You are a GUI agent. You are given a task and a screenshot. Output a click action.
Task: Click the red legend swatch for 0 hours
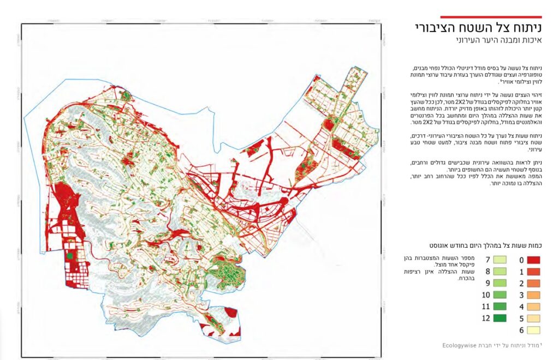533,260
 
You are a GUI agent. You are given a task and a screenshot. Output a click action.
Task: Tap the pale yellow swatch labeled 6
533,329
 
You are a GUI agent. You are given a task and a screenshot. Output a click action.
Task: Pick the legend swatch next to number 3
533,295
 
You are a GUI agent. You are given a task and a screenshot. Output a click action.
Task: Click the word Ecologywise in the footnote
460,345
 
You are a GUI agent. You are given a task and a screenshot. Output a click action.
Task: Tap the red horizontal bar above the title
491,17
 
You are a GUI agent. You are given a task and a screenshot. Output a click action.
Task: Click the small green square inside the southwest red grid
69,255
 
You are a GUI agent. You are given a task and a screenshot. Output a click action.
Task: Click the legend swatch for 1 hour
533,272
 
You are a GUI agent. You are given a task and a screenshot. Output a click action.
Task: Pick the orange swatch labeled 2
533,284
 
